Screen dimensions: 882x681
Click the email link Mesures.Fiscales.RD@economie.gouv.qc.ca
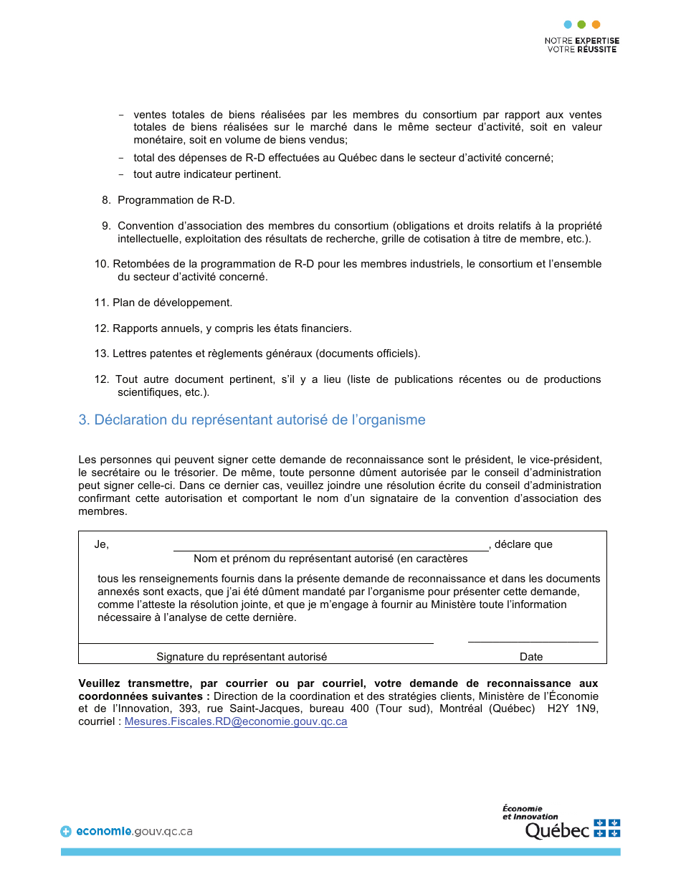(x=236, y=722)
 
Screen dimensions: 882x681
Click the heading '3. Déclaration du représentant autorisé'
(x=252, y=420)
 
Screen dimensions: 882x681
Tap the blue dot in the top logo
(x=568, y=24)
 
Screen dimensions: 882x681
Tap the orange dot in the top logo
(x=596, y=24)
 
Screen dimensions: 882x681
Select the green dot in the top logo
(x=581, y=24)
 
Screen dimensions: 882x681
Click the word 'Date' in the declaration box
(x=531, y=657)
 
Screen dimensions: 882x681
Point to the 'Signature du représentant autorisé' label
(x=242, y=657)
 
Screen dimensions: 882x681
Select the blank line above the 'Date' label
(x=533, y=640)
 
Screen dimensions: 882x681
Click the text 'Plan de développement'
(x=172, y=303)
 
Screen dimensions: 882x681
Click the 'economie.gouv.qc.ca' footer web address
(x=134, y=832)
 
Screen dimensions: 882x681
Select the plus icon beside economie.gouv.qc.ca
(x=66, y=832)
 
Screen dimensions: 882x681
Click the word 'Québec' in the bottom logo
(x=557, y=830)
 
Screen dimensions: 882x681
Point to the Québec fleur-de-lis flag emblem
(x=607, y=828)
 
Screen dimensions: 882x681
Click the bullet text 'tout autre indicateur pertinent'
(x=207, y=174)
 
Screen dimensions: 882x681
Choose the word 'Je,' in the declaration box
(x=102, y=544)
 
